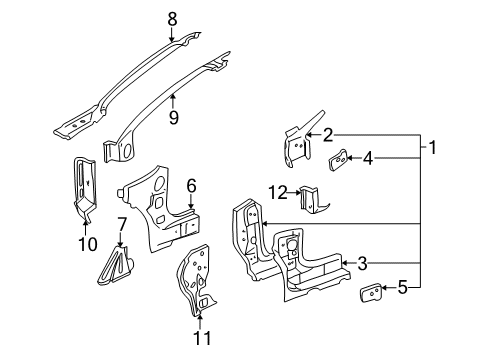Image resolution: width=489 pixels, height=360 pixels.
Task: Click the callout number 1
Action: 433,148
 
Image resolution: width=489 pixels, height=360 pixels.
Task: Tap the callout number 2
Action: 327,135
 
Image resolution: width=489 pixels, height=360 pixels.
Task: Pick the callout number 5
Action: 402,289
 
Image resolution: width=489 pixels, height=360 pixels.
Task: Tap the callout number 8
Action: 171,17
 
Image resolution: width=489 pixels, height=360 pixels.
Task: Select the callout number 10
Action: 85,243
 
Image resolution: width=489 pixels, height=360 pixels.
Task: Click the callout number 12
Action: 284,190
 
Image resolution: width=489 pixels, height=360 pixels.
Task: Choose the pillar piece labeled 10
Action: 84,185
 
